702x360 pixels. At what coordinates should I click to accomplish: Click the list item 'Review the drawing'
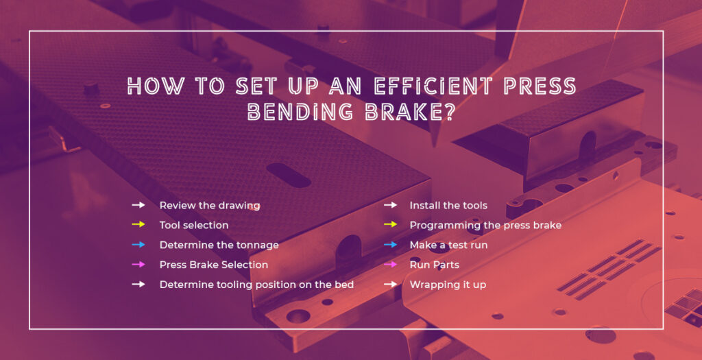coord(209,205)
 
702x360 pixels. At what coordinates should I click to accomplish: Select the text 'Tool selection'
coord(194,225)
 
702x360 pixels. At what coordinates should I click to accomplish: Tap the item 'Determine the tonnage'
coord(219,245)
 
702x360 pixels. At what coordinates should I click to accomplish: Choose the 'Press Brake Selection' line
coord(214,265)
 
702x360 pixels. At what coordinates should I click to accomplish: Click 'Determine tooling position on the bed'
coord(256,285)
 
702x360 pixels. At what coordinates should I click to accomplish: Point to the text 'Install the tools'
coord(448,205)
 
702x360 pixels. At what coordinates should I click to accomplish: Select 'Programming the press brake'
coord(485,225)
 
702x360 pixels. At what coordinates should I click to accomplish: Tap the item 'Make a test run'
coord(448,245)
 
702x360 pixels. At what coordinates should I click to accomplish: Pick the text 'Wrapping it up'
coord(448,285)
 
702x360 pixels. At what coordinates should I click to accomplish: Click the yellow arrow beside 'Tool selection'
coord(138,225)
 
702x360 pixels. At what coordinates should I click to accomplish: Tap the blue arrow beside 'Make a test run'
coord(390,245)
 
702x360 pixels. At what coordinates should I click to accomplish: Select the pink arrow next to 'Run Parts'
coord(390,265)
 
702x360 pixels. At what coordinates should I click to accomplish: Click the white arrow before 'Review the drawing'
coord(138,205)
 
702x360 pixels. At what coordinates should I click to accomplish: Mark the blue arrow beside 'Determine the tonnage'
coord(138,245)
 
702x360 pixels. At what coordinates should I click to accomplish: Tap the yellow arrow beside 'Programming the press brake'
coord(390,225)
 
